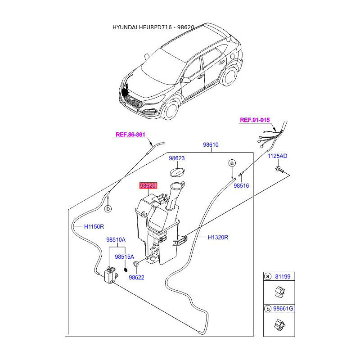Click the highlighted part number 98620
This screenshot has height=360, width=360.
[148, 185]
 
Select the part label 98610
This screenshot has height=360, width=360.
[210, 145]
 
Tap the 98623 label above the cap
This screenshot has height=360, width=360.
[177, 158]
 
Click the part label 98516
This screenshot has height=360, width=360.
[241, 185]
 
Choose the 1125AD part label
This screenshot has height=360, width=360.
[278, 156]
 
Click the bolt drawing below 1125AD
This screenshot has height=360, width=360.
[279, 170]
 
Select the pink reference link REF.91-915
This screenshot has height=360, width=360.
[255, 120]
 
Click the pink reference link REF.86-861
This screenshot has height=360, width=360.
[130, 134]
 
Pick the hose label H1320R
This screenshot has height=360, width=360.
[218, 237]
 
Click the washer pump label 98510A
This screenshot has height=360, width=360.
[116, 240]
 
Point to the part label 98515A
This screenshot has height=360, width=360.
[124, 257]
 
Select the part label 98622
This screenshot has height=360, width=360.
[136, 278]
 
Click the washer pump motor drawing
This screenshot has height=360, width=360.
[109, 274]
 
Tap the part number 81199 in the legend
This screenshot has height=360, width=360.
[283, 276]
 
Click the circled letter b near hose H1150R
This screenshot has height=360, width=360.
[108, 209]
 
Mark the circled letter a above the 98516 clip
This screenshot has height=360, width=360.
[232, 162]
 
